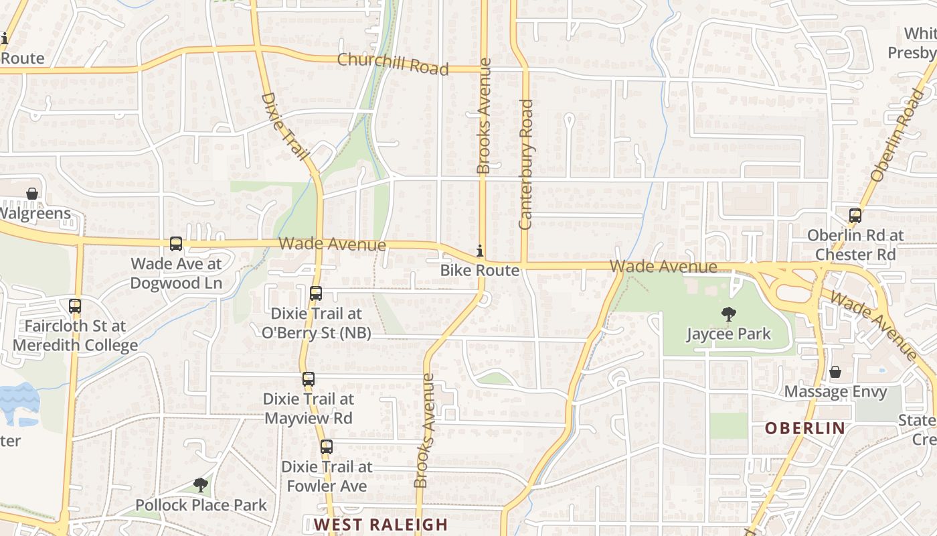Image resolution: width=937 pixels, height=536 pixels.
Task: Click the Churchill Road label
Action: (x=392, y=64)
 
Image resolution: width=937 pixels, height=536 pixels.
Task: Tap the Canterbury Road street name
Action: (x=525, y=164)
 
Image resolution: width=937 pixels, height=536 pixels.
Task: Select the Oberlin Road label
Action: (x=896, y=135)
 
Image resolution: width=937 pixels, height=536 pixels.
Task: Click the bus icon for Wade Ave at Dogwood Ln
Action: (x=176, y=244)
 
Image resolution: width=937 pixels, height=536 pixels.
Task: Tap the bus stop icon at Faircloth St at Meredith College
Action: (x=75, y=306)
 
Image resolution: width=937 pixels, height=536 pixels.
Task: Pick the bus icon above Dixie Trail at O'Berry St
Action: (x=316, y=293)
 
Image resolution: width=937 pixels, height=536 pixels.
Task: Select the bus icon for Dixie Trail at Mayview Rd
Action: (x=308, y=379)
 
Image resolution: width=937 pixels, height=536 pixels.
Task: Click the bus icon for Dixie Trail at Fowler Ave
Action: (x=326, y=447)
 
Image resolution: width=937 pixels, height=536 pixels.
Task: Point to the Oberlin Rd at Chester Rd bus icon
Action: (x=855, y=216)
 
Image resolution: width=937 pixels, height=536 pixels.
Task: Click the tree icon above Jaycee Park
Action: (x=728, y=314)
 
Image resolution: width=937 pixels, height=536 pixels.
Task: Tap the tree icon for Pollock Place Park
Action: (x=200, y=485)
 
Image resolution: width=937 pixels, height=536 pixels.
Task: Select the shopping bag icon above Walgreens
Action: (x=31, y=194)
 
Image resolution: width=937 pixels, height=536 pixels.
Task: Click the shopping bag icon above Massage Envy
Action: (x=835, y=372)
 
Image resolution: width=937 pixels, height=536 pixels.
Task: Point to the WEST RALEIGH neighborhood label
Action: (x=381, y=525)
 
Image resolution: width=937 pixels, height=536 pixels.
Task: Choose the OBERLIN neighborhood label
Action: (x=804, y=427)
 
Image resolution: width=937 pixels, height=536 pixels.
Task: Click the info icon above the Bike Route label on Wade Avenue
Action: (x=479, y=251)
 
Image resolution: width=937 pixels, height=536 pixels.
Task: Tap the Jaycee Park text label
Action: (x=728, y=334)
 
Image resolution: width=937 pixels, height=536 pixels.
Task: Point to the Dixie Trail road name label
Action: (x=284, y=127)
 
